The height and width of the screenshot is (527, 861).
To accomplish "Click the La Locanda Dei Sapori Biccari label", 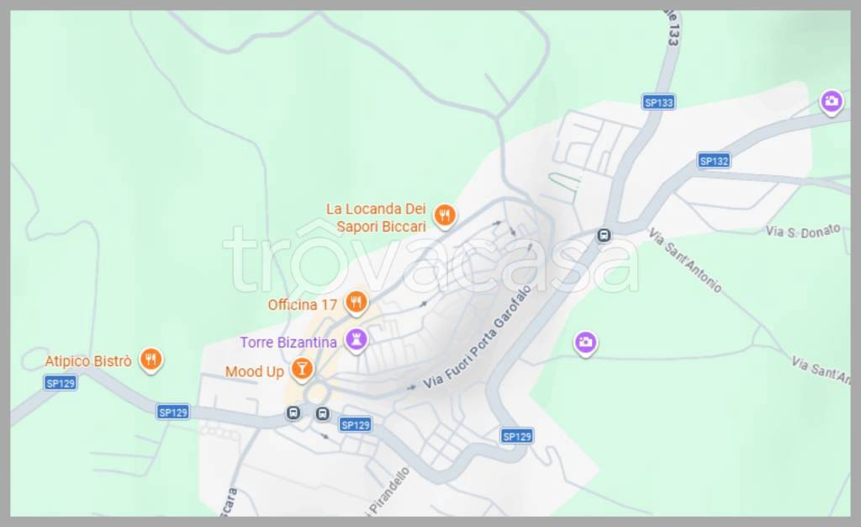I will tap(377, 217).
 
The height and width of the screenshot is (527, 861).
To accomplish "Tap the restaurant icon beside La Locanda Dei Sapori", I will tap(446, 216).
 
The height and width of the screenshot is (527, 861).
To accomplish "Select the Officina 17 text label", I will tap(302, 305).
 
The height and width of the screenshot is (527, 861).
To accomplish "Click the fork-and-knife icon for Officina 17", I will tap(357, 301).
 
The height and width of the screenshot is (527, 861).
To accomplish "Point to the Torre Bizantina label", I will tap(288, 343).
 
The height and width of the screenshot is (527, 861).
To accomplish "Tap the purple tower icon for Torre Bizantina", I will tap(357, 340).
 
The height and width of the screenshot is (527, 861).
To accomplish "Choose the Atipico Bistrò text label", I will tap(88, 361).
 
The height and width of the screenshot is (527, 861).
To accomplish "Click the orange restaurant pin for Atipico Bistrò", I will tap(151, 359).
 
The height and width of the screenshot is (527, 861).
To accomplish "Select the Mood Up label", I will tap(255, 371).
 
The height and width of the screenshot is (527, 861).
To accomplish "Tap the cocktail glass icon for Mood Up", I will tap(301, 368).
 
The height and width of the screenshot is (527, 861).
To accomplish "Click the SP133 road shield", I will tap(658, 102).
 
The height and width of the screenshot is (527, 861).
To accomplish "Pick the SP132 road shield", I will tap(714, 161).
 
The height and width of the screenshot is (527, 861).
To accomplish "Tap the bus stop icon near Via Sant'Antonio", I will tap(603, 236).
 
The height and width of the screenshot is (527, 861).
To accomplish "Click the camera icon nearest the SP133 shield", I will tap(832, 102).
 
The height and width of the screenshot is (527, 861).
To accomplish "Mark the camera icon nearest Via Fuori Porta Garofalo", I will tap(585, 342).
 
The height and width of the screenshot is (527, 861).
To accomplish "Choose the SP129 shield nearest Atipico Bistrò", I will tap(61, 383).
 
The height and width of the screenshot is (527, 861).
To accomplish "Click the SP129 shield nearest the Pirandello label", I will tap(355, 425).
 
